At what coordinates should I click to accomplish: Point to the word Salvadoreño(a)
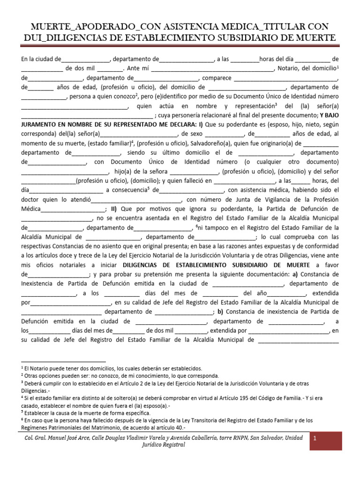click(x=208, y=143)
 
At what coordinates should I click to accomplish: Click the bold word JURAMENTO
click(x=40, y=125)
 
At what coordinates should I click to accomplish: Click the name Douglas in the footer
click(x=133, y=437)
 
